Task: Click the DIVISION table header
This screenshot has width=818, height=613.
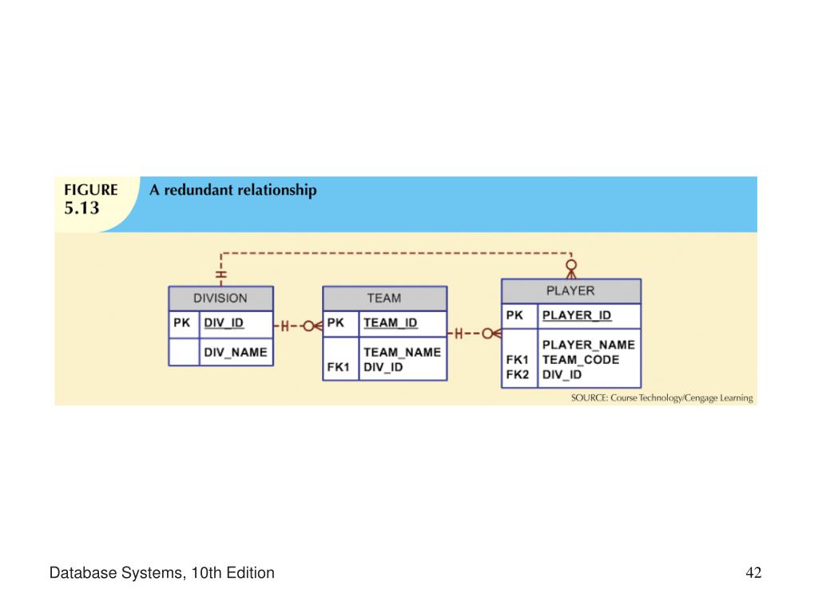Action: point(220,299)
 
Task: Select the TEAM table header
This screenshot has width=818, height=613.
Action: point(384,299)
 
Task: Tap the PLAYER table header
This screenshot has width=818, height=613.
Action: point(570,291)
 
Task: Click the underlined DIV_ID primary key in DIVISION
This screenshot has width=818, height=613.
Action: point(224,323)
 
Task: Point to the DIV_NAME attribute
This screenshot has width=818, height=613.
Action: point(236,352)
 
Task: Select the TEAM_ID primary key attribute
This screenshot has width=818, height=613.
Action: point(390,323)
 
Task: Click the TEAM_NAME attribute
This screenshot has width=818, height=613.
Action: point(403,352)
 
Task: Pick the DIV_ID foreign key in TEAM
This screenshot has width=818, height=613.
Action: point(383,367)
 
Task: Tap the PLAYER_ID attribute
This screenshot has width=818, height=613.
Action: point(577,315)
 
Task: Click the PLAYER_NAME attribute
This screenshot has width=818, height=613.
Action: point(589,345)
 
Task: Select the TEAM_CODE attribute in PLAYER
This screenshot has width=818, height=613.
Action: point(581,360)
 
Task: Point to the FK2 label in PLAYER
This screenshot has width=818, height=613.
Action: point(517,375)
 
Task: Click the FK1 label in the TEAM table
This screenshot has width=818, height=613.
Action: point(338,367)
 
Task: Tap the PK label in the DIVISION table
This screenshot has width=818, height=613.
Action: point(181,323)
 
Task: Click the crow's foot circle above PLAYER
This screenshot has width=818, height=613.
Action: point(571,265)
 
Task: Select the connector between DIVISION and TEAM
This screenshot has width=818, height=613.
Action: point(298,326)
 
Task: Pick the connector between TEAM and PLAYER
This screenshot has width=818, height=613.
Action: point(475,334)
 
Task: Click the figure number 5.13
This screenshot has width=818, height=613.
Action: point(81,208)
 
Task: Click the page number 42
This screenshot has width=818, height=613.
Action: point(753,573)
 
